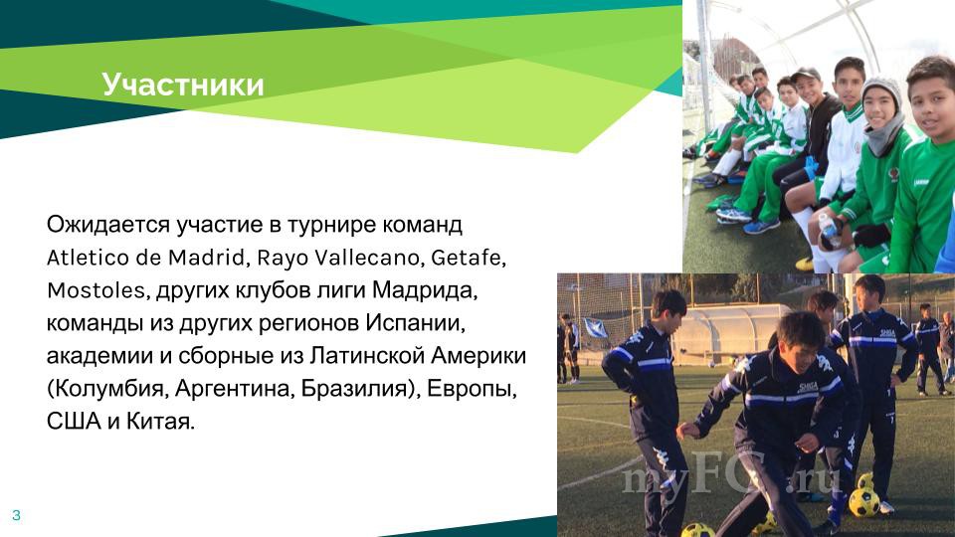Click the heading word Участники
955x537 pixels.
(x=183, y=84)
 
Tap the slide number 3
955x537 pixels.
(x=17, y=515)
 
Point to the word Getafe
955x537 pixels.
(x=467, y=258)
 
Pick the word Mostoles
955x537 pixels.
(x=95, y=290)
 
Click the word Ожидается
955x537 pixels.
(x=107, y=225)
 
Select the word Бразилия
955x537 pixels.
(x=353, y=389)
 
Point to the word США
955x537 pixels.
(x=73, y=422)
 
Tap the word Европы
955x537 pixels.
(x=471, y=389)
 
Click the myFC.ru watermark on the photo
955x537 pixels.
(x=731, y=477)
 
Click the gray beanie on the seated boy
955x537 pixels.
(x=880, y=89)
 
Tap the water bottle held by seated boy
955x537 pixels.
(x=828, y=229)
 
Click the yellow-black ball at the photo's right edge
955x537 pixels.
(x=863, y=502)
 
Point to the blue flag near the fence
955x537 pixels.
(x=596, y=327)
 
